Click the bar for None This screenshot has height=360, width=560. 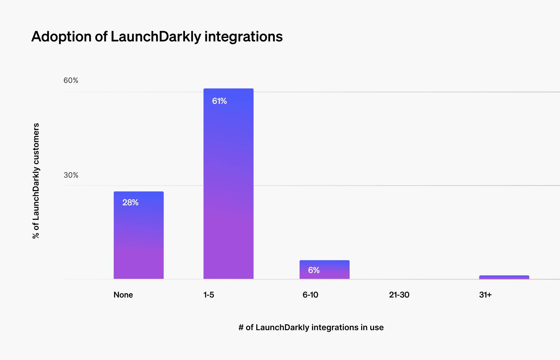138,235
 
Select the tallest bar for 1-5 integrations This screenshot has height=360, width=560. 228,184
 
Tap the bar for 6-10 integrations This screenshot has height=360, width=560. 324,269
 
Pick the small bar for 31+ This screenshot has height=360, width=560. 504,277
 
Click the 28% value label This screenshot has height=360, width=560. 130,203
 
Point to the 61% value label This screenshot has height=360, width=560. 219,101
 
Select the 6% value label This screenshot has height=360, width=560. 314,270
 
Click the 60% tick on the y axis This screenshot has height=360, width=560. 71,81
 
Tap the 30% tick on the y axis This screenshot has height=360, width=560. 71,175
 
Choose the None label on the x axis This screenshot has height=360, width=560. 123,295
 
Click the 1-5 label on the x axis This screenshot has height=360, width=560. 209,295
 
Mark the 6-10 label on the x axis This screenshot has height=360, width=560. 310,295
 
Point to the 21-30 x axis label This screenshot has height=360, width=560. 399,295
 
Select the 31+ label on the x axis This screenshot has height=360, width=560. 485,295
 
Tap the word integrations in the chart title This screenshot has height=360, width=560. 243,37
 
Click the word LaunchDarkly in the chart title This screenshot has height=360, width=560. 156,37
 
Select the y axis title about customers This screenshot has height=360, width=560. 36,181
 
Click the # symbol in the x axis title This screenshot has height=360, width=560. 241,327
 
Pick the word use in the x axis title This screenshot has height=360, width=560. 377,327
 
